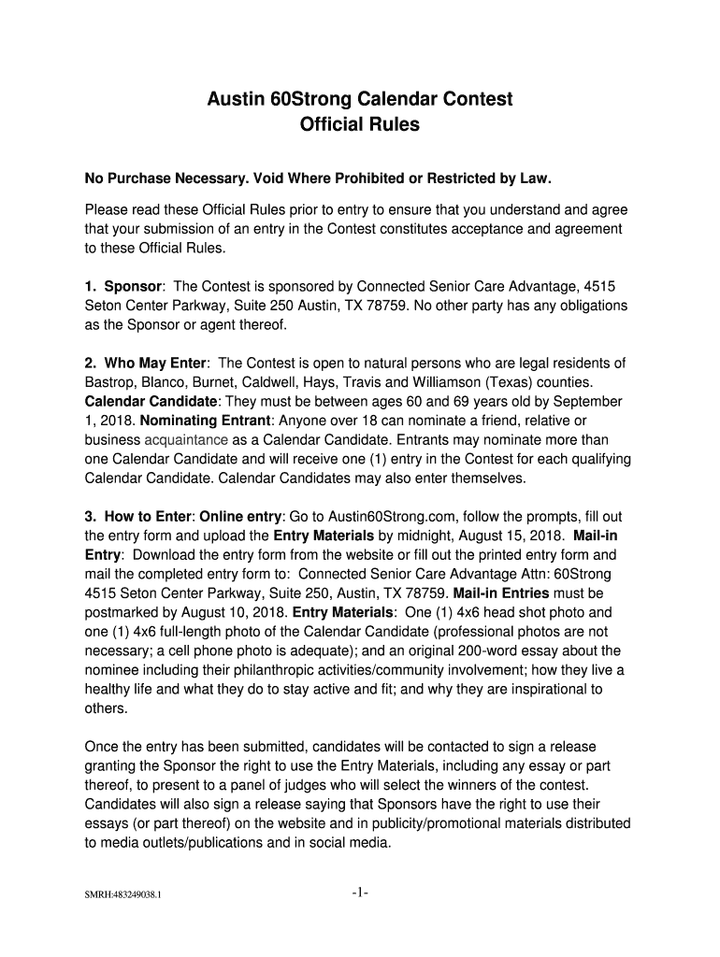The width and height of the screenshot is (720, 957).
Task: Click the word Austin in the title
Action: tap(236, 99)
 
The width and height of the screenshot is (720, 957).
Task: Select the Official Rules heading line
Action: tap(360, 124)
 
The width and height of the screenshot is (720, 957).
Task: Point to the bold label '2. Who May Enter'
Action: tap(147, 363)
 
